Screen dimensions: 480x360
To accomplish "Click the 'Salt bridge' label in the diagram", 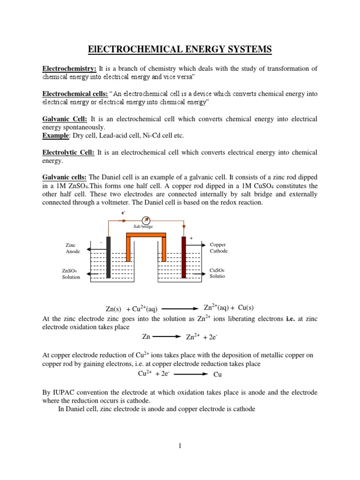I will [x=143, y=226].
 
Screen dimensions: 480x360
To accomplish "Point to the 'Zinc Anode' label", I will [x=73, y=248].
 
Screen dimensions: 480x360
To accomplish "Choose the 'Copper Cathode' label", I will [x=218, y=248].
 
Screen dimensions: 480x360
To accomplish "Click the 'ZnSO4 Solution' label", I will [x=71, y=274].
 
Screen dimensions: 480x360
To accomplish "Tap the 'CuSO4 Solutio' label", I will [x=217, y=273].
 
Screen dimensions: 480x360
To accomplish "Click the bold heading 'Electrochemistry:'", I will [x=68, y=68].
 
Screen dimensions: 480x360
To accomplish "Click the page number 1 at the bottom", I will [x=180, y=446].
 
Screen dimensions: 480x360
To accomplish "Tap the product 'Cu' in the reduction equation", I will [x=217, y=375].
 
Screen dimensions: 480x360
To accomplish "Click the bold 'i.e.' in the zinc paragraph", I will [x=279, y=319].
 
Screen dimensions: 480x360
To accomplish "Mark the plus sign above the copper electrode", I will [x=191, y=238].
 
